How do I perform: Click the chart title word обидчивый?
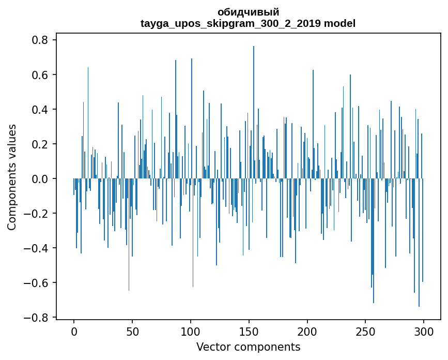pos(248,12)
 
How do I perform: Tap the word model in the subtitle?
pos(342,23)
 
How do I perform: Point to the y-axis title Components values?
pos(12,177)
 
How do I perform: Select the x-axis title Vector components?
pos(248,347)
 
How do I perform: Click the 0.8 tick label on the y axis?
pos(40,40)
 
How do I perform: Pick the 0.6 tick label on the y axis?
pos(40,75)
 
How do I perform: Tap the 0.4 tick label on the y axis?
pos(40,110)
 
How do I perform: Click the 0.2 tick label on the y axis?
pos(40,144)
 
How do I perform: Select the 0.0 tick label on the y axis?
pos(40,179)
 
